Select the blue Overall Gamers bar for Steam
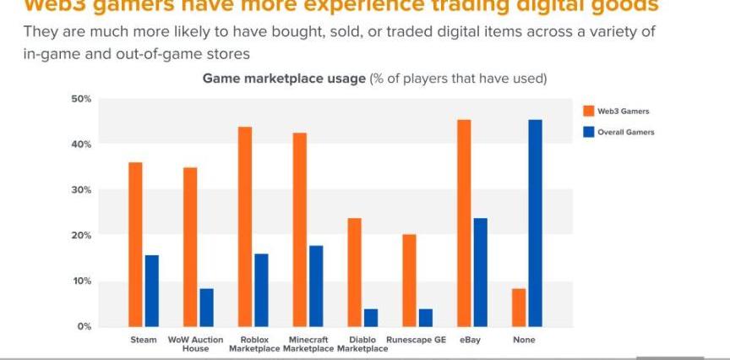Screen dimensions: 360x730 152,290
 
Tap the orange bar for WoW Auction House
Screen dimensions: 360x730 190,246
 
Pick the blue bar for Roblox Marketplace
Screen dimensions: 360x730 262,289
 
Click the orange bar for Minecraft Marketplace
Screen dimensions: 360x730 300,229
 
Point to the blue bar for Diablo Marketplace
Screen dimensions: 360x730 371,317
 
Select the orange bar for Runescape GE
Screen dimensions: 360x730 409,280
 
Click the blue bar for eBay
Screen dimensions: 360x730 481,271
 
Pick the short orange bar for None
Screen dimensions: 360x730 519,307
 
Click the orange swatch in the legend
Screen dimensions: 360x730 589,110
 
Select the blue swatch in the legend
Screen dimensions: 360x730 589,132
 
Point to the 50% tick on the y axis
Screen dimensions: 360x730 81,99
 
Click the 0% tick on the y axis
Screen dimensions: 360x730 84,326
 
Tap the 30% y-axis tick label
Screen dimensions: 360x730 81,190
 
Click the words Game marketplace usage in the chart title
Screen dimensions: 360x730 283,79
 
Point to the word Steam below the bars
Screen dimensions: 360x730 144,340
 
